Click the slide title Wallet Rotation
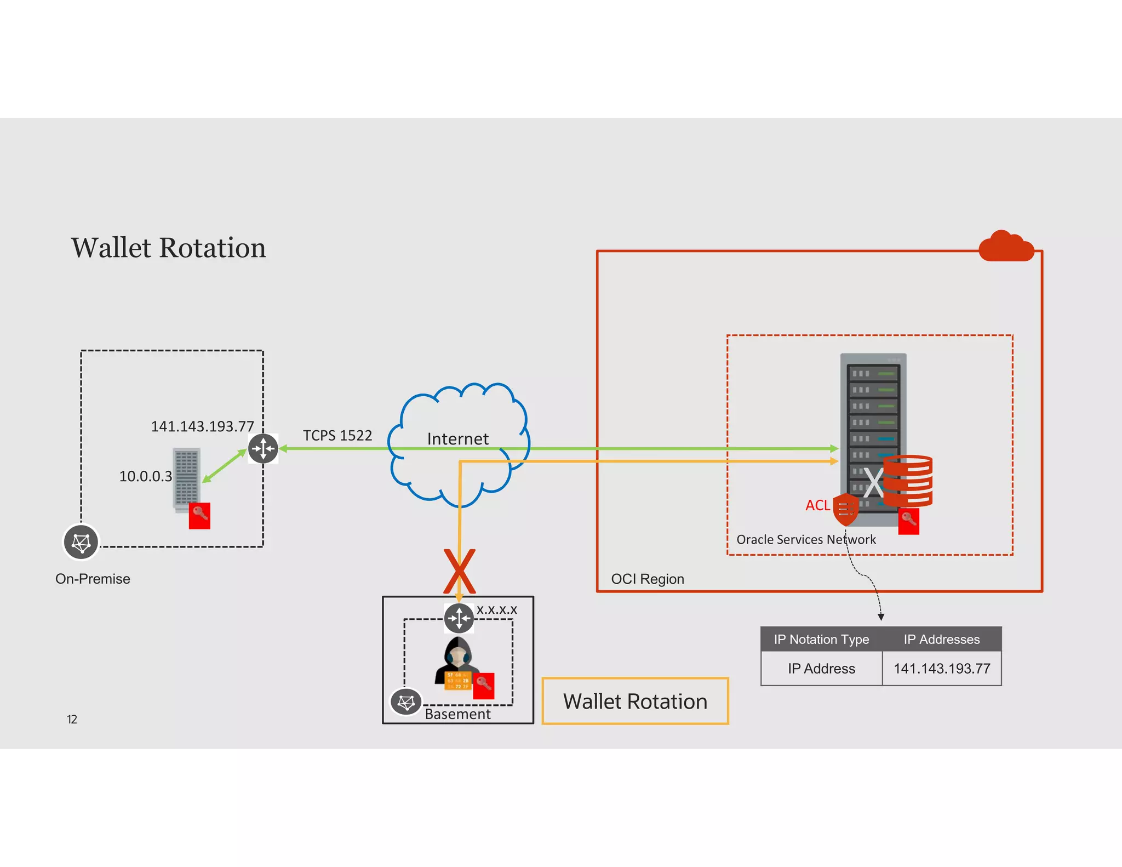168,248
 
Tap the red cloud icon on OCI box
1006,247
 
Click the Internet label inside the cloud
457,438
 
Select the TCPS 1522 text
337,435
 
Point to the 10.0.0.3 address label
145,476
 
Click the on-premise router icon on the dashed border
263,448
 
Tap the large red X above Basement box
459,571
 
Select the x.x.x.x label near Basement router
496,609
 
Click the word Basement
457,714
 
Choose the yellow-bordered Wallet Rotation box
635,701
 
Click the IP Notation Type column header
821,640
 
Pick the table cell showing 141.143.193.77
942,669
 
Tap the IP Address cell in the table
821,669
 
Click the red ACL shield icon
845,509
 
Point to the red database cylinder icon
908,481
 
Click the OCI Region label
647,579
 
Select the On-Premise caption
93,579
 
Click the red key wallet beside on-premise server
199,516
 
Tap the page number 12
72,720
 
